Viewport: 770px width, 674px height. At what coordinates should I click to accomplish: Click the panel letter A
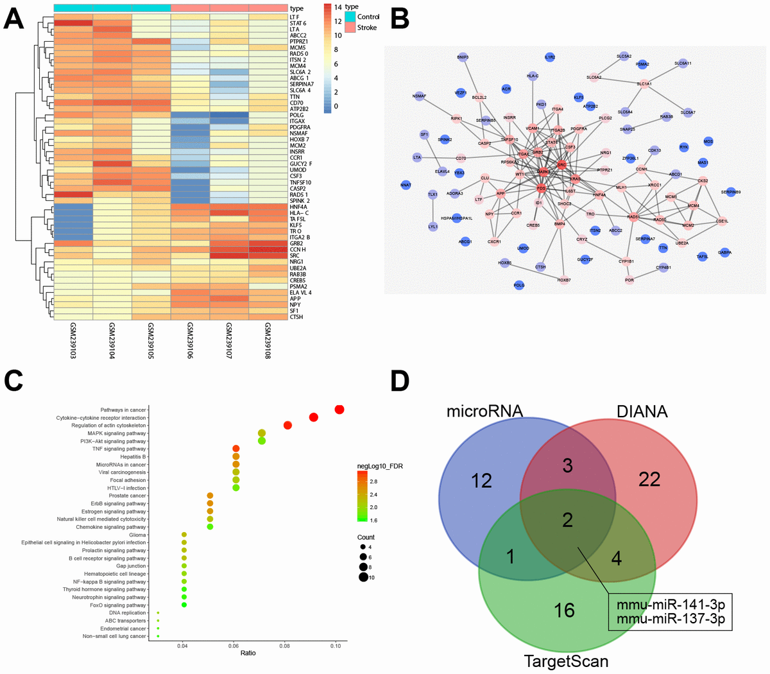(x=14, y=20)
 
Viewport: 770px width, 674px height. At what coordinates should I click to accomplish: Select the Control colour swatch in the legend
(x=350, y=17)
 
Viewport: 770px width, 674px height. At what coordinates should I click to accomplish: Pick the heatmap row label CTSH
(x=296, y=317)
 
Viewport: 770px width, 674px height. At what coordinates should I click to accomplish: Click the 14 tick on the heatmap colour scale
(x=337, y=6)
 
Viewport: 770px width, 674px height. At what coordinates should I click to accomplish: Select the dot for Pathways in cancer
(x=339, y=410)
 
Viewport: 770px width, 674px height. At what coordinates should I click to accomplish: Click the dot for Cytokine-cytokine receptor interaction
(x=314, y=417)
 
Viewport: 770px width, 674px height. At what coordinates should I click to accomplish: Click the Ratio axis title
(x=248, y=653)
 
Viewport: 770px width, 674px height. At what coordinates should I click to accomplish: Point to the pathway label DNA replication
(x=128, y=613)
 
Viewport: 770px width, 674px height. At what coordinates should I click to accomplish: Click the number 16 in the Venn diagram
(x=564, y=609)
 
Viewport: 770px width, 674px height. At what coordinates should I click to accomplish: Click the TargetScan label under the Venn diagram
(x=566, y=661)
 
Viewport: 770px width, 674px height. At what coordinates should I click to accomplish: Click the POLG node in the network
(x=519, y=285)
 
